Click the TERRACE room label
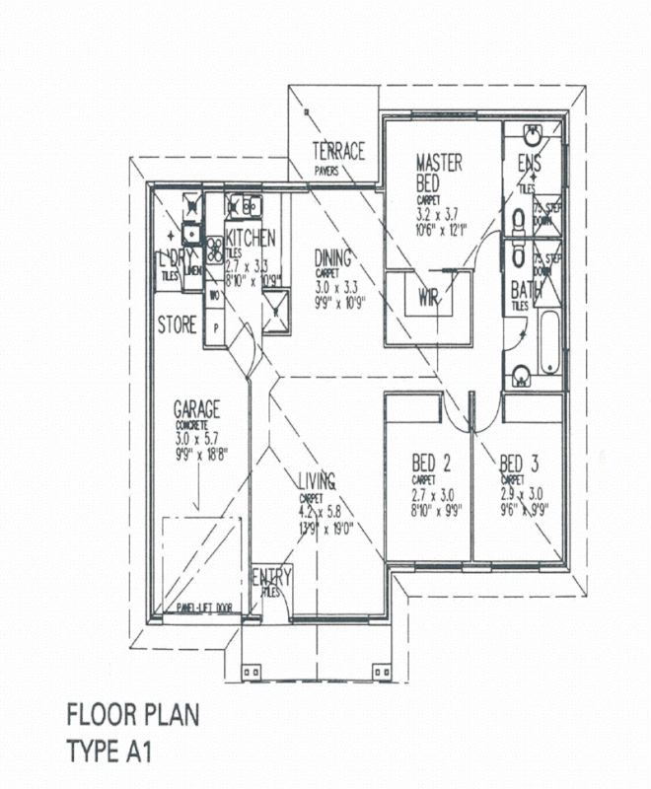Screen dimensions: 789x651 point(338,151)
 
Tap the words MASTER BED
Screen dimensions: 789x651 point(439,173)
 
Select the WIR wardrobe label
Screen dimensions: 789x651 point(428,297)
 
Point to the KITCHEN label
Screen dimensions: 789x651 point(251,238)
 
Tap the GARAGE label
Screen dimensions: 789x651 point(196,408)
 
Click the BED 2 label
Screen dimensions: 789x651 point(431,462)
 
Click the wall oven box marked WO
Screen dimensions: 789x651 point(214,294)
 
